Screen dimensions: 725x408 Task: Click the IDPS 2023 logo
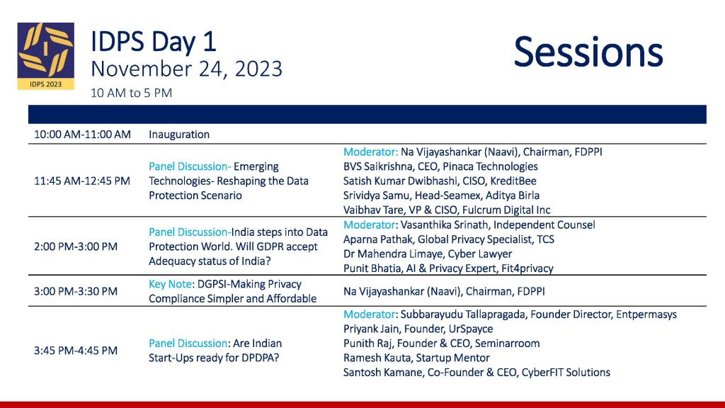tap(46, 56)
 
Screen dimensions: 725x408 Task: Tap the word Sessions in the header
tap(588, 52)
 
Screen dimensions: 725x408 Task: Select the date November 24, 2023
tap(186, 69)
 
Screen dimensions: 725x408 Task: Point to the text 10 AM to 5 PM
tap(131, 93)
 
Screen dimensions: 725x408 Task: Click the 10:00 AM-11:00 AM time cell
tap(82, 135)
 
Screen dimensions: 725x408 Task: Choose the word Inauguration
tap(179, 135)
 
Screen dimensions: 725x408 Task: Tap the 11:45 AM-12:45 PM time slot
tap(82, 181)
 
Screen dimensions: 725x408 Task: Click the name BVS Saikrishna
tap(377, 166)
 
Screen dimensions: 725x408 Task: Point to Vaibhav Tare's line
tap(447, 210)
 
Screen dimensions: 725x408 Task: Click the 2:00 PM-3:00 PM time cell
tap(75, 246)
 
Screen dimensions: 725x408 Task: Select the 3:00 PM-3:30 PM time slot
tap(75, 291)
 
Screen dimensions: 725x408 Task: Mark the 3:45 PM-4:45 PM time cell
tap(75, 351)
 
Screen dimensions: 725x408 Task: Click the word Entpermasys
tap(646, 314)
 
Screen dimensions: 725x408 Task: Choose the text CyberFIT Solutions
tap(566, 373)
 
